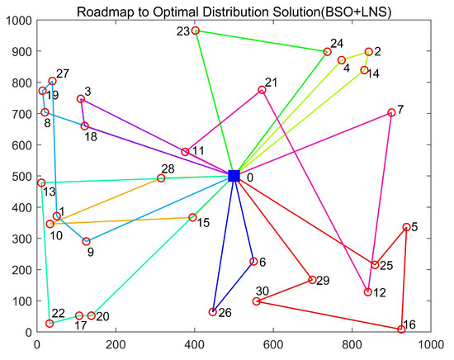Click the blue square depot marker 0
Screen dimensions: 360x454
click(234, 176)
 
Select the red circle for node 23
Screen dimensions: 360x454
click(195, 31)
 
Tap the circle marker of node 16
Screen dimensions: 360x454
click(401, 329)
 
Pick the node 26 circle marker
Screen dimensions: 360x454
click(213, 312)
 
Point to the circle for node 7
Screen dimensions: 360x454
click(391, 113)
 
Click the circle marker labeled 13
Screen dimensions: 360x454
click(40, 182)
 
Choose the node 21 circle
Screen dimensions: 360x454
click(262, 90)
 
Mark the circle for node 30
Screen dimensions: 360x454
click(257, 301)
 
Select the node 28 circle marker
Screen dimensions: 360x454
click(161, 178)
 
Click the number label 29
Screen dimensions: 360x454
click(324, 282)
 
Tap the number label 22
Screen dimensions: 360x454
click(58, 313)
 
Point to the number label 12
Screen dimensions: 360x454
click(380, 293)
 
